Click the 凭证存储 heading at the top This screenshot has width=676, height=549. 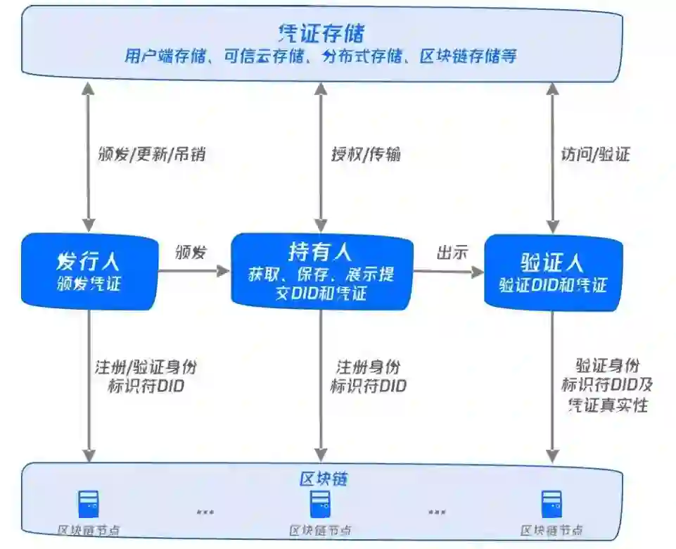click(321, 32)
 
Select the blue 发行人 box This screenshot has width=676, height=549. click(89, 271)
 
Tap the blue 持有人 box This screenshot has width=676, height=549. click(321, 271)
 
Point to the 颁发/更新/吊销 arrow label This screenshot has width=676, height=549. click(152, 154)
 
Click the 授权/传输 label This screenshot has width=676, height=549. click(366, 154)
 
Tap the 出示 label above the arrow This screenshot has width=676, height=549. click(452, 253)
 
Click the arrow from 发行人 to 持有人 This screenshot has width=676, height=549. click(193, 270)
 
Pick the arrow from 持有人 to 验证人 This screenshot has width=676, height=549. click(449, 270)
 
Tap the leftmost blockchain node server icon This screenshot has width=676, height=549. click(89, 504)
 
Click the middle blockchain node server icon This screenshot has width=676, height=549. click(321, 504)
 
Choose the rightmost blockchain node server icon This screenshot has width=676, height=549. click(551, 504)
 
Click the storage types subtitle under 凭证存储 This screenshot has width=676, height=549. click(321, 56)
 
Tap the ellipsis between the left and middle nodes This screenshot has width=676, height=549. click(205, 512)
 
